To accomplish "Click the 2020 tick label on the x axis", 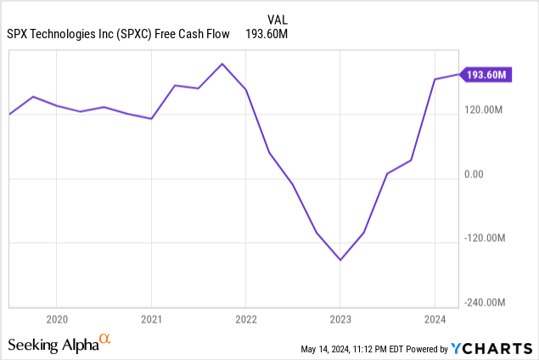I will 56,319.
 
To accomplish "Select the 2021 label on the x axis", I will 151,319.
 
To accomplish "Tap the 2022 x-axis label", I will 245,319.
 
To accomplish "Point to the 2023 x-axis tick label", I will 340,319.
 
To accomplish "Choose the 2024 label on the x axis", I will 435,319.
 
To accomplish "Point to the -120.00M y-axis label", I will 485,239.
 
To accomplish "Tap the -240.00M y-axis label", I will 485,302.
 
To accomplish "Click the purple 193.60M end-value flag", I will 486,76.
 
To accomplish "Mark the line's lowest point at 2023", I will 340,260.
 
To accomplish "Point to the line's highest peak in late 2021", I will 222,64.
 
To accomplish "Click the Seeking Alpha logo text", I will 53,345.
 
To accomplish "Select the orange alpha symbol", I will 105,340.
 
